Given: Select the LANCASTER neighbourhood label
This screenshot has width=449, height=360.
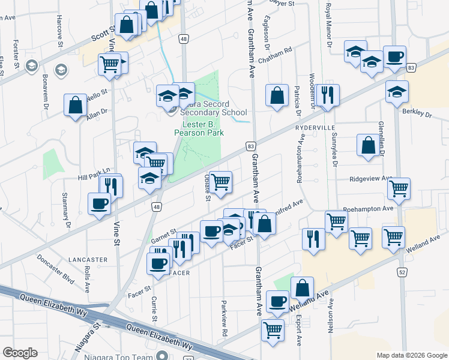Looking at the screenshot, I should pyautogui.click(x=88, y=260).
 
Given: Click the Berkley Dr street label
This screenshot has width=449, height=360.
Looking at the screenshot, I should pyautogui.click(x=419, y=113).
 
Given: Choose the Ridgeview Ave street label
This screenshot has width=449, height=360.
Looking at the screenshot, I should pyautogui.click(x=371, y=179).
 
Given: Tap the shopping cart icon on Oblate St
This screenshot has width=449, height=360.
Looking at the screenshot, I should pyautogui.click(x=221, y=181).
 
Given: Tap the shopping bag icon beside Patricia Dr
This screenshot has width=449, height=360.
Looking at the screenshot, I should pyautogui.click(x=276, y=95).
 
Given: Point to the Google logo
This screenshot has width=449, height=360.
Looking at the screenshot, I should pyautogui.click(x=20, y=353).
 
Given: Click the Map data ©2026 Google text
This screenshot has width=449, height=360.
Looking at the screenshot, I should pyautogui.click(x=411, y=355).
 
